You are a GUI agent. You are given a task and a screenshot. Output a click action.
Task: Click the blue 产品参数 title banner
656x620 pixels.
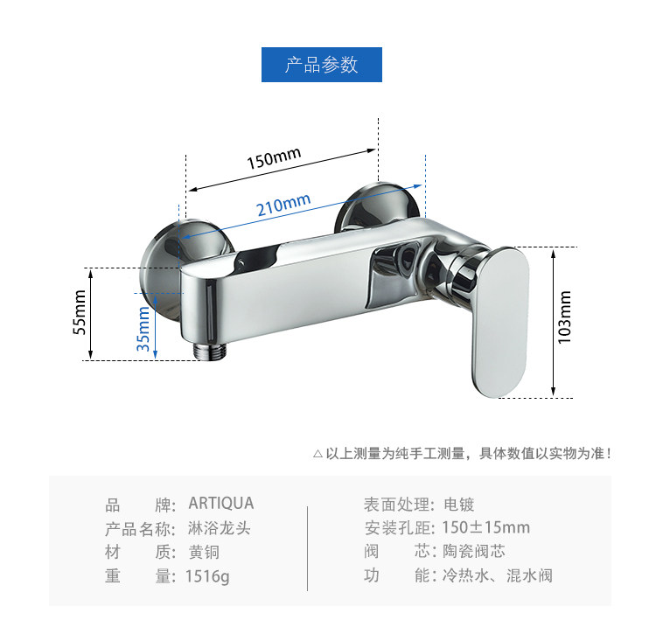(x=322, y=66)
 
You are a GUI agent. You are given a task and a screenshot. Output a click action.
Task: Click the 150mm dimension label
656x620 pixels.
(x=273, y=160)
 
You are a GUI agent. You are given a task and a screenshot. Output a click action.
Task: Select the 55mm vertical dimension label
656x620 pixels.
(x=80, y=313)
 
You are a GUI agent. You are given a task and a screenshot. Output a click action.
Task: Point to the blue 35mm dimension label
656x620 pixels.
(x=143, y=329)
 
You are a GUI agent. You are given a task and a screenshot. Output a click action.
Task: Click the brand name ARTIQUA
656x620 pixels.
(x=221, y=504)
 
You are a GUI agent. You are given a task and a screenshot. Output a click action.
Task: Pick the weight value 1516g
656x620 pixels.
(x=208, y=576)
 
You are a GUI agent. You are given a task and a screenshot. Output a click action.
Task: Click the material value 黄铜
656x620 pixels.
(x=204, y=552)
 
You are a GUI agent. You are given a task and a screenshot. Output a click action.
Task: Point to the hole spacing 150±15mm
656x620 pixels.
(x=486, y=527)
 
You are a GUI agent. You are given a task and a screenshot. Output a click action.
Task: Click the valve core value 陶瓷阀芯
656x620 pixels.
(x=474, y=552)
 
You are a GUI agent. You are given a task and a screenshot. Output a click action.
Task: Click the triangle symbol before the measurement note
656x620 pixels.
(x=318, y=454)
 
